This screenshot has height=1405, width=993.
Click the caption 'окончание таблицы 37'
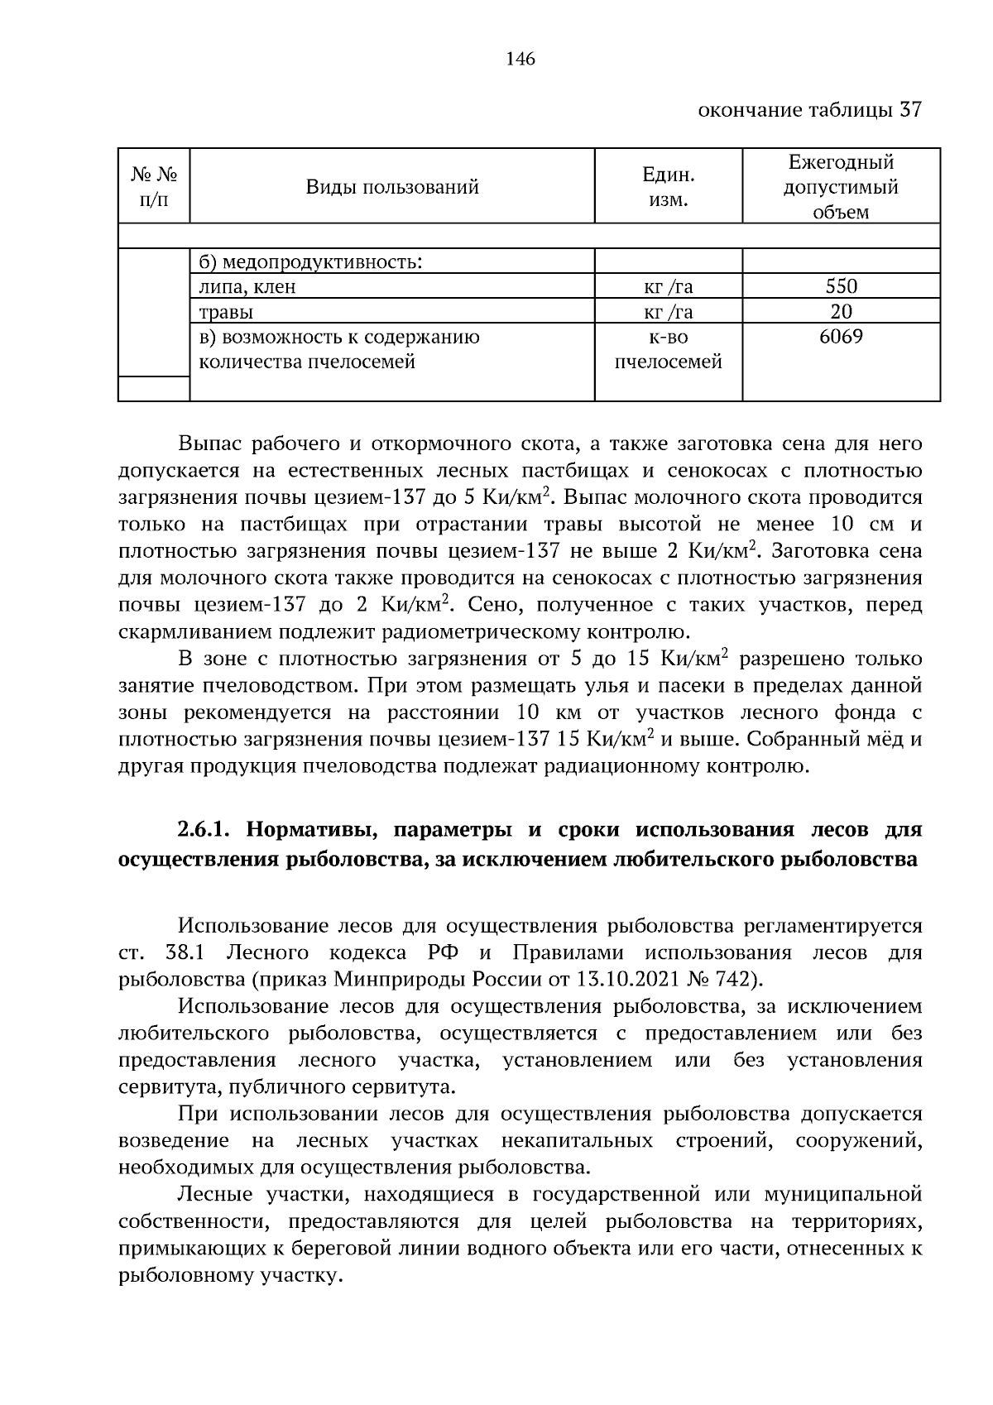click(x=809, y=110)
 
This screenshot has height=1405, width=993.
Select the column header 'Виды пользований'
click(x=392, y=187)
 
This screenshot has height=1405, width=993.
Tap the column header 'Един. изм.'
click(x=668, y=187)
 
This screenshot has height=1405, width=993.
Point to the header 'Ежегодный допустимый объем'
click(x=841, y=187)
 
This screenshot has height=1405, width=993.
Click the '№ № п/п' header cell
click(x=155, y=187)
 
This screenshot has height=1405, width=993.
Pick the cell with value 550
click(x=841, y=287)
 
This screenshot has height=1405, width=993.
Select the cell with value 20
click(x=841, y=312)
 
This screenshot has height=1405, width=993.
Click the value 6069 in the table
click(x=841, y=337)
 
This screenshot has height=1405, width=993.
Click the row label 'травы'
click(x=226, y=312)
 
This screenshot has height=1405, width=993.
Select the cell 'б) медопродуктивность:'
click(x=310, y=263)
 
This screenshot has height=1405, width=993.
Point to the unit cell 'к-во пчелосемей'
click(x=668, y=349)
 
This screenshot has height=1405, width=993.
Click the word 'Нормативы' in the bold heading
click(x=307, y=830)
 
